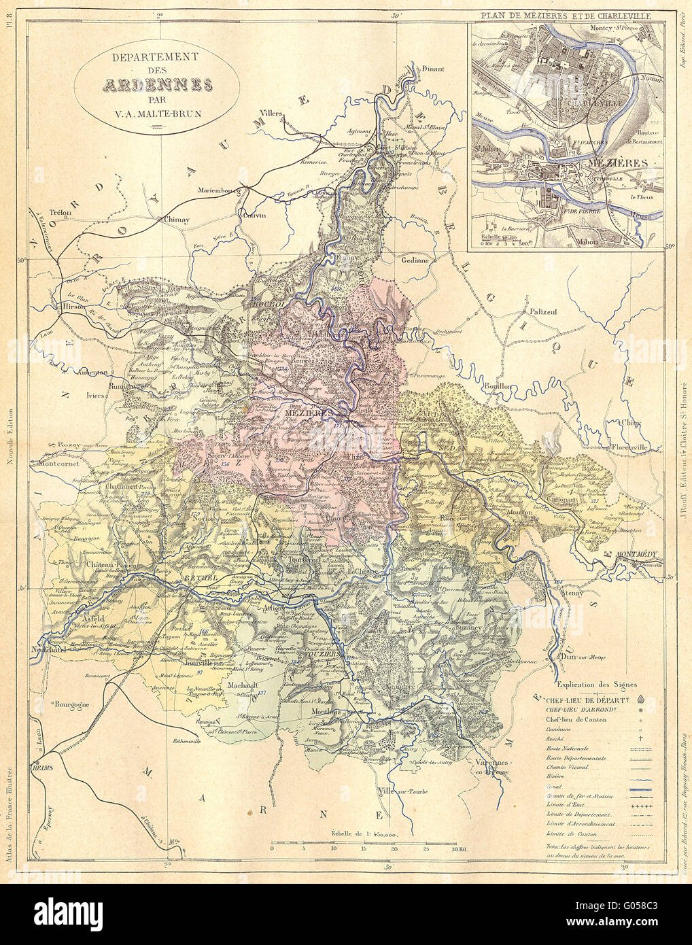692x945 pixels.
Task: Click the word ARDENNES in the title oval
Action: [x=157, y=86]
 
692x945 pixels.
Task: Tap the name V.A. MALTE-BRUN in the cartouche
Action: [x=157, y=116]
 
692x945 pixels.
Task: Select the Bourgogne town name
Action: [x=72, y=705]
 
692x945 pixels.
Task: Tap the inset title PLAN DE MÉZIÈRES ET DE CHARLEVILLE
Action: [x=565, y=14]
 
